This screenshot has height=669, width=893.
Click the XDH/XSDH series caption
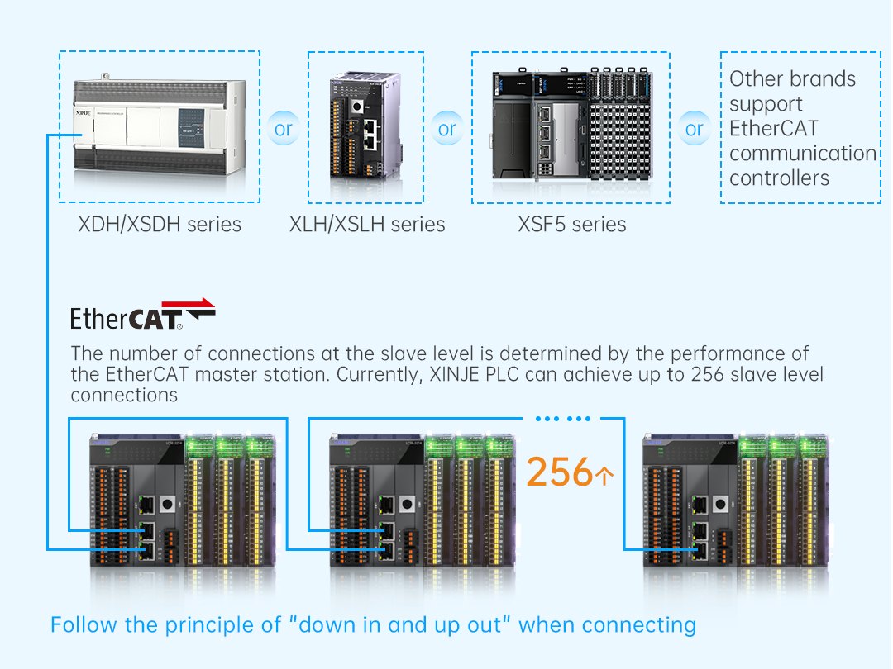click(x=160, y=224)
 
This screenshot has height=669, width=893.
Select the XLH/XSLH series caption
click(x=367, y=224)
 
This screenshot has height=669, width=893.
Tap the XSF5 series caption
click(x=572, y=224)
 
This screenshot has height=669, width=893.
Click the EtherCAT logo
click(x=142, y=314)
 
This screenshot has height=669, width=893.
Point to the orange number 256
click(x=559, y=472)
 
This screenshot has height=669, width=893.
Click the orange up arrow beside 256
click(x=604, y=476)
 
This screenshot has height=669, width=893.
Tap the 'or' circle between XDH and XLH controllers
click(x=283, y=129)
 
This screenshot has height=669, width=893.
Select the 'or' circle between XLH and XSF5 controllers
click(x=447, y=129)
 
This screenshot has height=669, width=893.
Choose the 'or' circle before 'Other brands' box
click(x=695, y=129)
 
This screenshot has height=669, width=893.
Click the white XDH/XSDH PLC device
click(x=160, y=128)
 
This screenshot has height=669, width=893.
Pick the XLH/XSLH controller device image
click(x=365, y=126)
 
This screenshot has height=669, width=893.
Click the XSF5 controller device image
click(x=572, y=123)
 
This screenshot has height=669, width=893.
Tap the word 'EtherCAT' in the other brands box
click(x=773, y=129)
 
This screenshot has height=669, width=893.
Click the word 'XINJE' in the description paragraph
click(x=454, y=374)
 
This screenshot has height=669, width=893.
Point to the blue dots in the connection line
click(x=563, y=419)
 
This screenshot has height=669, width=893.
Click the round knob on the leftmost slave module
click(x=167, y=504)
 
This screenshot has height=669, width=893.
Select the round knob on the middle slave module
click(x=407, y=504)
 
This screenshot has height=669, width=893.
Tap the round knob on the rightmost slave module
click(x=720, y=504)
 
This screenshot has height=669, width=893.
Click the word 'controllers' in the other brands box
click(x=779, y=178)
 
